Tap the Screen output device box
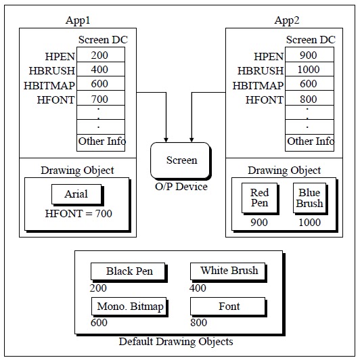click(181, 160)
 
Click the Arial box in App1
click(76, 194)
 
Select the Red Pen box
click(259, 198)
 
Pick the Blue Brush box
click(310, 198)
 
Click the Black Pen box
click(129, 271)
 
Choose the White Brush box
click(229, 271)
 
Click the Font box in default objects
click(229, 307)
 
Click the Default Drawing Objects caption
click(176, 342)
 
